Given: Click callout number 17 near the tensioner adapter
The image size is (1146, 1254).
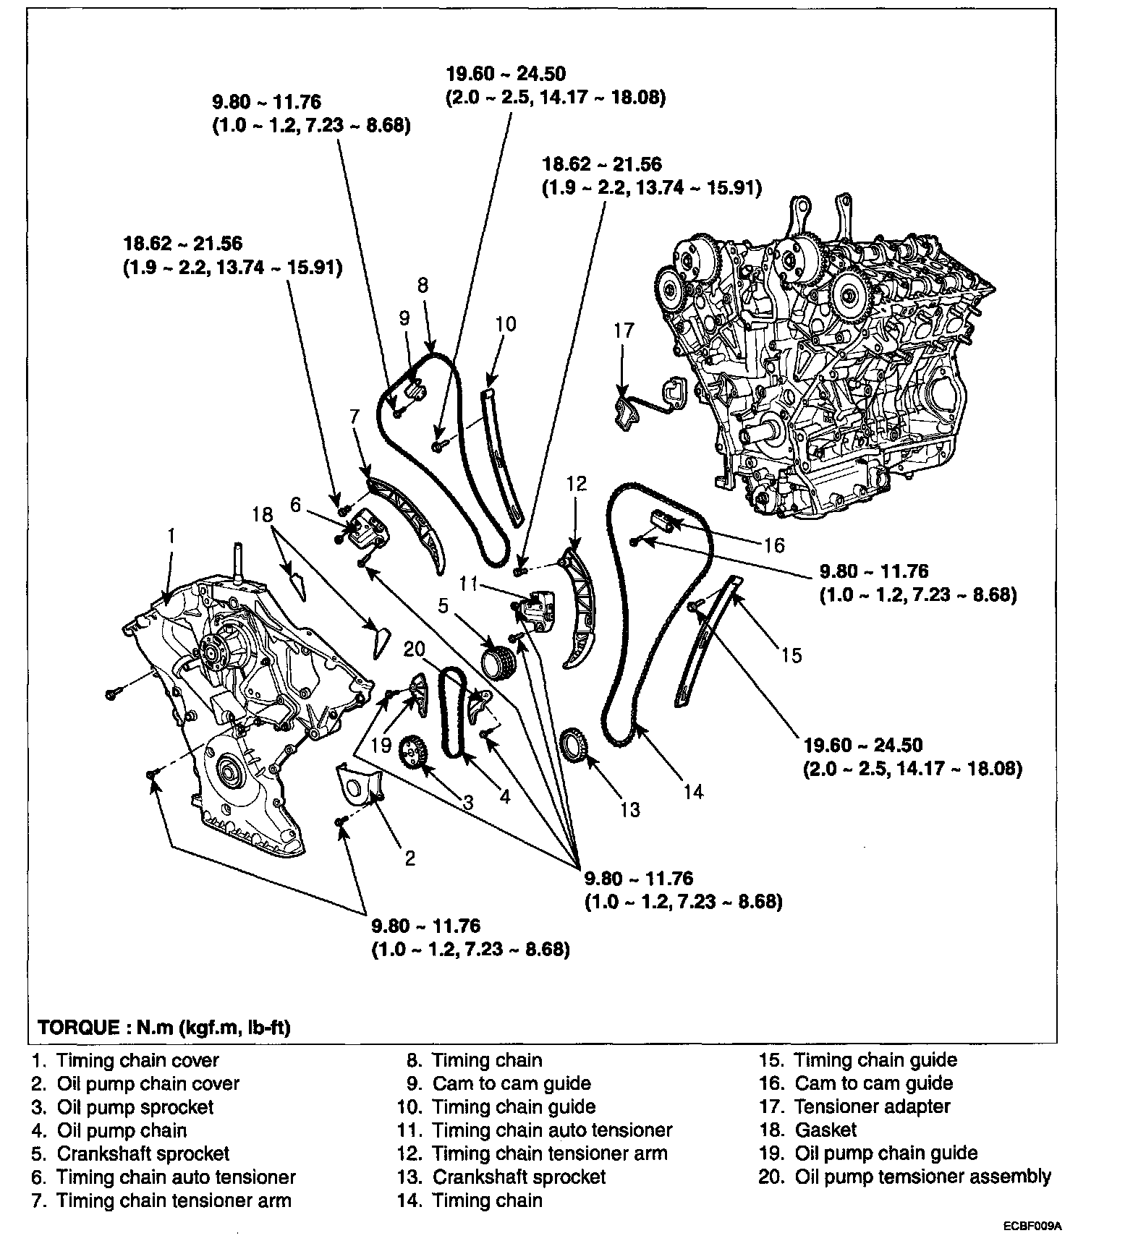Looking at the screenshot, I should coord(623,331).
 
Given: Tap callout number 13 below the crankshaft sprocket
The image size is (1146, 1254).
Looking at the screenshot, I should coord(630,809).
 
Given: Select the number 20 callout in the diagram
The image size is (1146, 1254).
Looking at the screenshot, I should coord(414,650).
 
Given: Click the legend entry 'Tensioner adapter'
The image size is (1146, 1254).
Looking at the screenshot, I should coord(872,1106).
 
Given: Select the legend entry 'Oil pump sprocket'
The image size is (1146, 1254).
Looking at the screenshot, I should coord(135,1107).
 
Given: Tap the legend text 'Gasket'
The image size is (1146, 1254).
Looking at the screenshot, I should coord(825,1130).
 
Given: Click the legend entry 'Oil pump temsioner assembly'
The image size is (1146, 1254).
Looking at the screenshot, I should coord(922,1177).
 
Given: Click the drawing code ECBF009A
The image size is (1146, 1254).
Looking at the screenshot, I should coord(1032,1227).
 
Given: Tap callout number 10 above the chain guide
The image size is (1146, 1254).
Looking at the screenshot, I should coord(506,323).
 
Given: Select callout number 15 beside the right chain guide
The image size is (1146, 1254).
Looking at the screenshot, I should coord(792,655).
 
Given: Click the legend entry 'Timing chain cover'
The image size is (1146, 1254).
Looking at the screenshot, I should coord(137,1061).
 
